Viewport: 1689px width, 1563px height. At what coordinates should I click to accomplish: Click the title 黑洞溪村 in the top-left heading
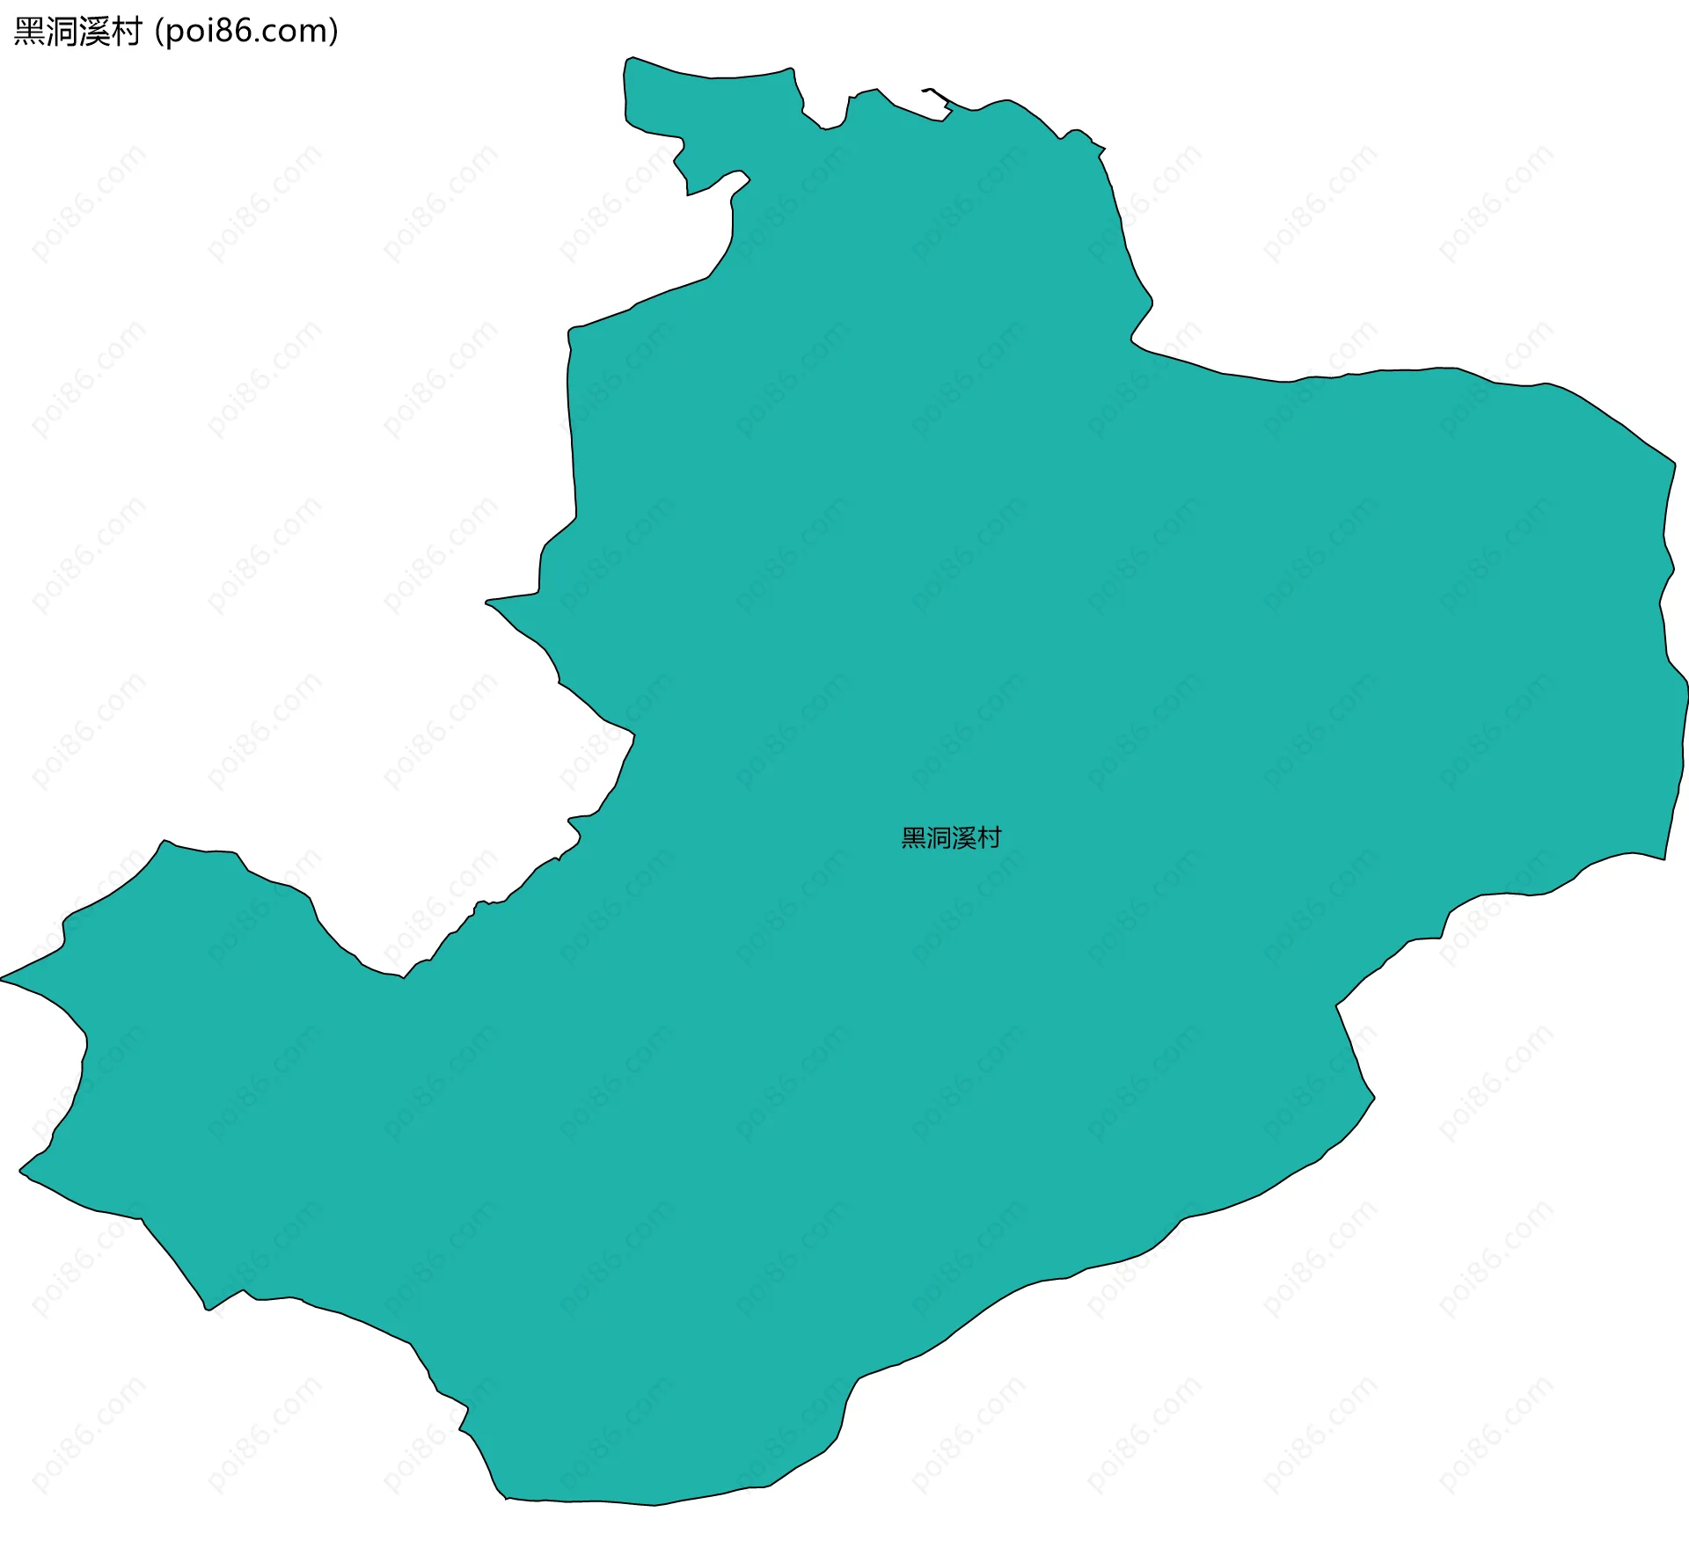78,32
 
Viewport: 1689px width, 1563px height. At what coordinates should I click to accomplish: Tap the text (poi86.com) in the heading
246,32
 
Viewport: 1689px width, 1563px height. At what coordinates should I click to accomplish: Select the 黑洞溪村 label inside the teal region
951,838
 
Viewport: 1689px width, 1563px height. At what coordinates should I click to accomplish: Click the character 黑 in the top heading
30,32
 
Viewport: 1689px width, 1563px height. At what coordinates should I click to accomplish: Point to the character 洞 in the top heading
62,32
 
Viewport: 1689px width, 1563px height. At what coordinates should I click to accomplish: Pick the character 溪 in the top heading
94,32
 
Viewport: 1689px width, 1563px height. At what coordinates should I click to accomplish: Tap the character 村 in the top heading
127,32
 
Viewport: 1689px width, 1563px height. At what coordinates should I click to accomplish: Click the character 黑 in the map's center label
914,838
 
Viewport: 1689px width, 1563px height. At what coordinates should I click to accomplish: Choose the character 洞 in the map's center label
939,838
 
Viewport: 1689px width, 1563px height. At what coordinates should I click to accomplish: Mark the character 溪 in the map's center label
964,838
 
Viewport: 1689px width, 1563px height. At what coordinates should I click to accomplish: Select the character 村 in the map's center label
989,838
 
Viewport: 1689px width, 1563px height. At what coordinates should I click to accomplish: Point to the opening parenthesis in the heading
158,32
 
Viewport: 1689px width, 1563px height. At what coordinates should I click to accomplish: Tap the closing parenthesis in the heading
333,32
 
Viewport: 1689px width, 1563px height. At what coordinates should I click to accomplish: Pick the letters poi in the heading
190,32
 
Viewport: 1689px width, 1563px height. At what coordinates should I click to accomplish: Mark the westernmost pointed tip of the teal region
3,978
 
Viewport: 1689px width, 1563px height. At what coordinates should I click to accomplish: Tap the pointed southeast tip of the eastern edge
1663,858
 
